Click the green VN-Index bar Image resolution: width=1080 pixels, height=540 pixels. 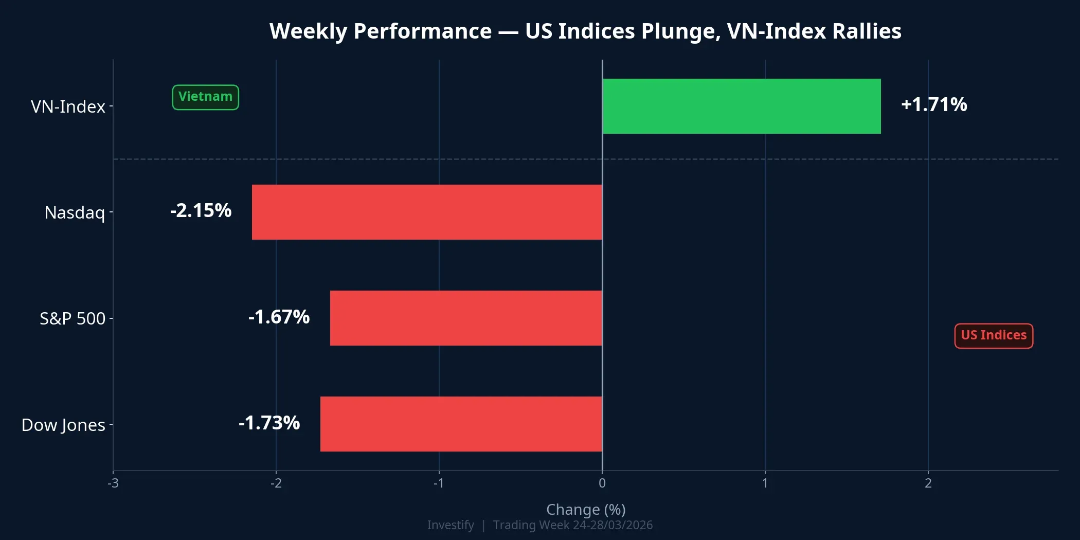tap(741, 106)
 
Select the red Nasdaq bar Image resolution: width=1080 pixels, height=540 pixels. tap(427, 212)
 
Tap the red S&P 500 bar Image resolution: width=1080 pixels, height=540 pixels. tap(466, 318)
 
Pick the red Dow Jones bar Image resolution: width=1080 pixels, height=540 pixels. tap(461, 424)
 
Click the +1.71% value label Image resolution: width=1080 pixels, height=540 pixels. tap(934, 104)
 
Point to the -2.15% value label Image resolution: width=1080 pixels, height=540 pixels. tap(201, 211)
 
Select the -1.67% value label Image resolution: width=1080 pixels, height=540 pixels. tap(279, 317)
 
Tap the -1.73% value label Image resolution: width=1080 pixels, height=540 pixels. tap(269, 423)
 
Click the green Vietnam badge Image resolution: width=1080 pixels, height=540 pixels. tap(205, 97)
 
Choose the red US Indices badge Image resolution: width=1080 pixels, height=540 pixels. tap(994, 335)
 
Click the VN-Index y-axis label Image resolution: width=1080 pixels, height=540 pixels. tap(68, 106)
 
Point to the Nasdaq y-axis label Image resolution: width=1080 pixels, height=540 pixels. tap(75, 212)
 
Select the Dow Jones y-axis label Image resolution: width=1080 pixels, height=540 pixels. tap(63, 425)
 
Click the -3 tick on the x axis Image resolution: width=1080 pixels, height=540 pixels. tap(113, 483)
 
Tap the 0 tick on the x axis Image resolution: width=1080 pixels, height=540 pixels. tap(602, 483)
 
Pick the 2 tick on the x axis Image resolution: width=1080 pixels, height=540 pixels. tap(928, 483)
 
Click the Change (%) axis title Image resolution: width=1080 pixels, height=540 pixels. tap(586, 509)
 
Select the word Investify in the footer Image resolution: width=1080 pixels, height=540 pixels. tap(451, 525)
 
